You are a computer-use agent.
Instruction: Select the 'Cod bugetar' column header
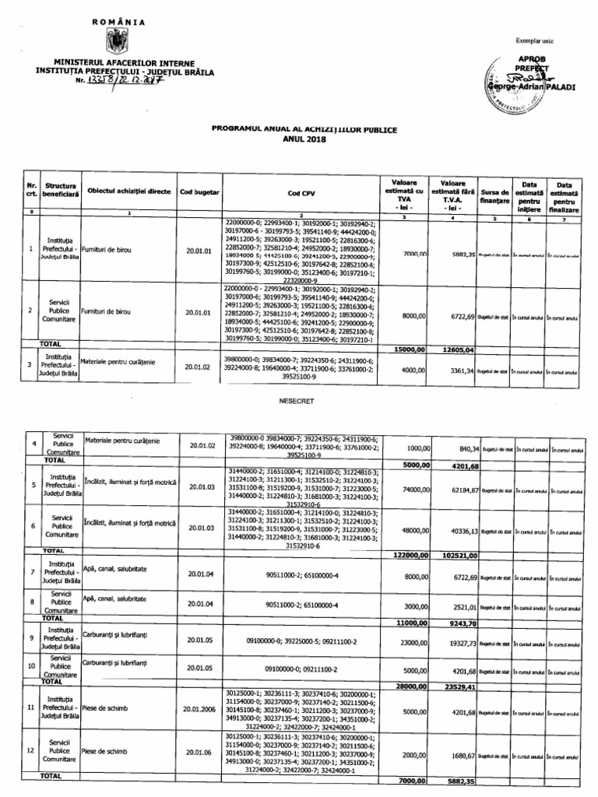pos(199,191)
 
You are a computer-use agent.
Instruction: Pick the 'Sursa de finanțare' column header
pos(496,195)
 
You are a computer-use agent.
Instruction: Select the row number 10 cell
pos(30,665)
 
